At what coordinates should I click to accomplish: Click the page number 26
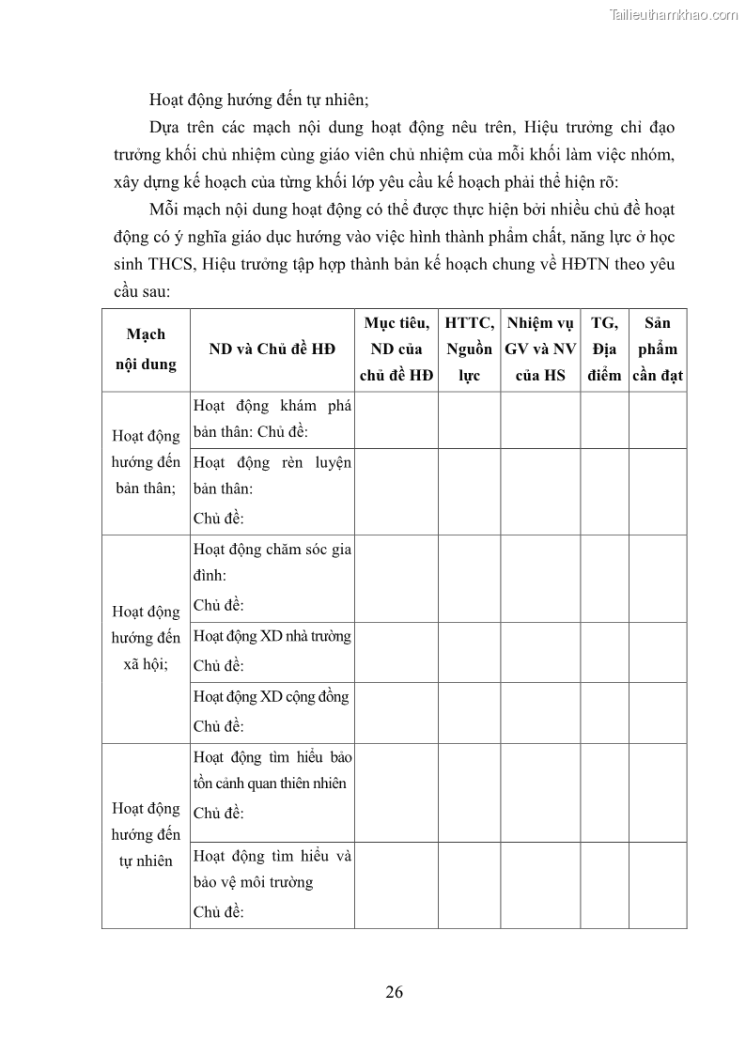coord(395,992)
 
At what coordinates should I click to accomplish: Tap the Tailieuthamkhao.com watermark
coord(674,14)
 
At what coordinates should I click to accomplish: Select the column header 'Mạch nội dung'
coord(146,349)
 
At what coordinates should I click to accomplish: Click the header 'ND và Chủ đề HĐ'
coord(272,349)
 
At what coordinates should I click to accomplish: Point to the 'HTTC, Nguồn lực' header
coord(469,349)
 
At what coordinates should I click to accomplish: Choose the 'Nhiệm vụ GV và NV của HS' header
coord(540,349)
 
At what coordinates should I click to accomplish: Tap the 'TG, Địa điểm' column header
coord(604,349)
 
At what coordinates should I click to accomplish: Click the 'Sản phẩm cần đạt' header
coord(658,349)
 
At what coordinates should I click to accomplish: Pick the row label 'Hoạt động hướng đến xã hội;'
coord(146,638)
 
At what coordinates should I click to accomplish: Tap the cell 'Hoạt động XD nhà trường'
coord(272,651)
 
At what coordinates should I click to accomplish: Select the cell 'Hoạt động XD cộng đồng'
coord(272,711)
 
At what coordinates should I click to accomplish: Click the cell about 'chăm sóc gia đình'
coord(272,577)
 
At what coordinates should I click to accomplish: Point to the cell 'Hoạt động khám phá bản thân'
coord(272,419)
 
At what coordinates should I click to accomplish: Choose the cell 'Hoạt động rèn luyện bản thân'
coord(272,490)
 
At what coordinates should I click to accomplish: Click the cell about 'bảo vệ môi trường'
coord(272,884)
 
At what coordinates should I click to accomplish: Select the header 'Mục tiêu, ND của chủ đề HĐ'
coord(396,349)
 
